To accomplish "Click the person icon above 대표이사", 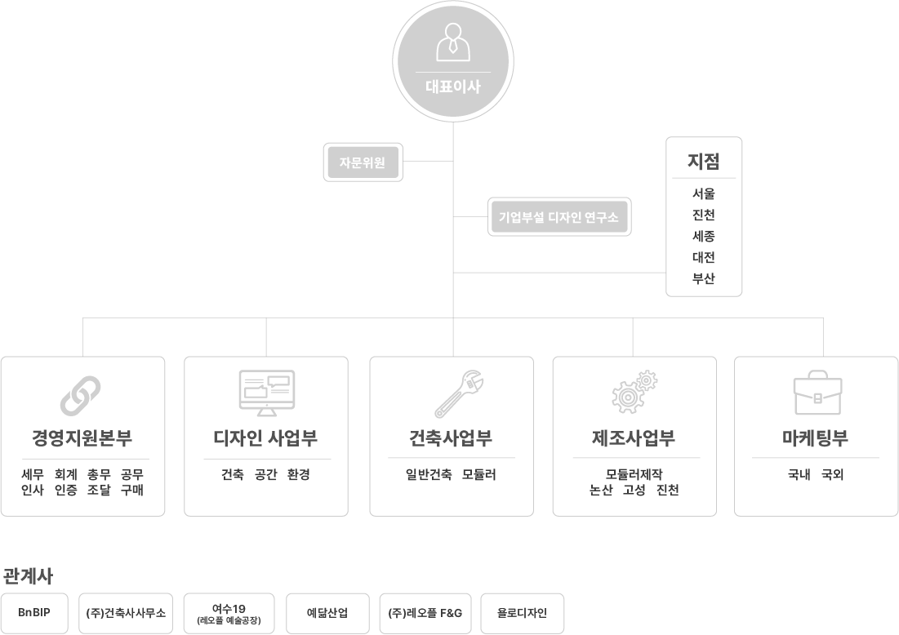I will [453, 42].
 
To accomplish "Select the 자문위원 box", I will [361, 162].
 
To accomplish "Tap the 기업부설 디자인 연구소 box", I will [559, 217].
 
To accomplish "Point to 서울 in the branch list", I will [704, 194].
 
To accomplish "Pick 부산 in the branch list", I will [704, 278].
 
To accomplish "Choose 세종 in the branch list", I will [704, 237].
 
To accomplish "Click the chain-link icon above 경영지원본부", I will [81, 396].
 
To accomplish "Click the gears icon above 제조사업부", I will [634, 392].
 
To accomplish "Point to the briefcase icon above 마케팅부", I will [817, 395].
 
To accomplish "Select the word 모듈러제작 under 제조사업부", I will [634, 474].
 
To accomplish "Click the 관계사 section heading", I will [28, 576].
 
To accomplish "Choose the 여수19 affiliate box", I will [229, 613].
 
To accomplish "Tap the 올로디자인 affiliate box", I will [522, 613].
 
